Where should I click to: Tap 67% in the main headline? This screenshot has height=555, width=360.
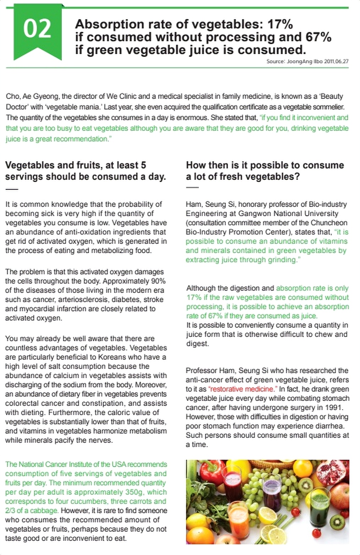tap(318, 37)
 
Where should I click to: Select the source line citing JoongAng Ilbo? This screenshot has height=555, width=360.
tap(307, 61)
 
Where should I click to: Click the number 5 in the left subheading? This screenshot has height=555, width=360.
tap(143, 165)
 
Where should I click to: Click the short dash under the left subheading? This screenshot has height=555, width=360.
tap(11, 189)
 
